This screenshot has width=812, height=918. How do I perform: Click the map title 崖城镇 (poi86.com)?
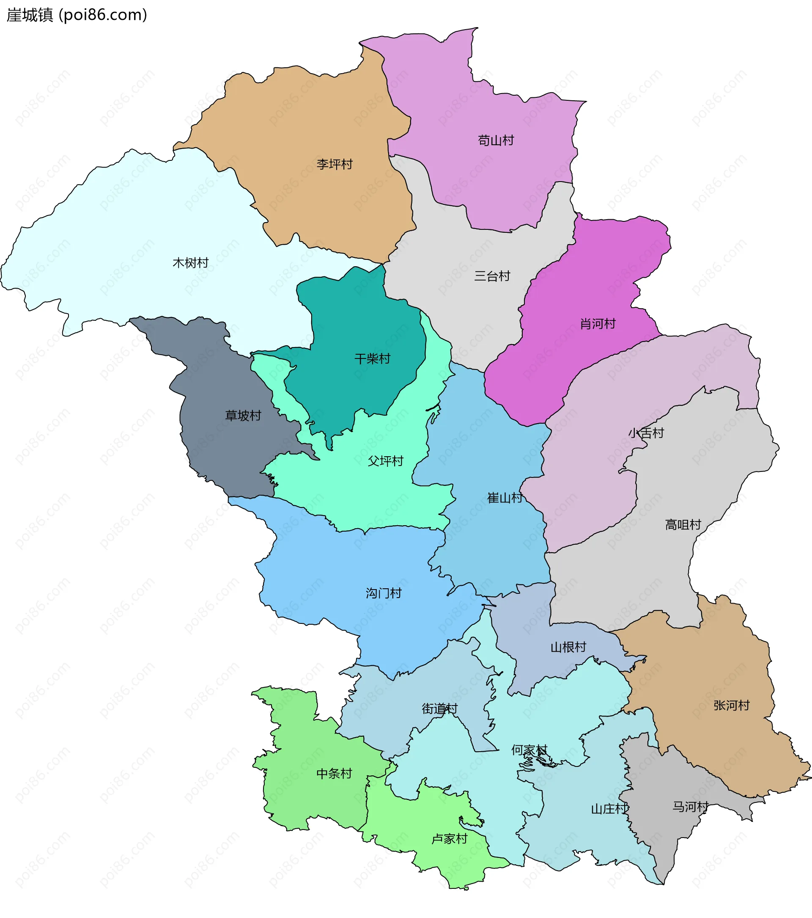77,15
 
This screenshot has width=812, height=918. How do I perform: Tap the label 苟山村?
496,141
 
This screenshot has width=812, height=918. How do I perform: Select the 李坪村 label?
335,164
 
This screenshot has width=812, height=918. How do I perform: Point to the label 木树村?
191,263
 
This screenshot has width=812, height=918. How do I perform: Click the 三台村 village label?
492,276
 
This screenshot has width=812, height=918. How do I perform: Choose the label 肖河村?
598,324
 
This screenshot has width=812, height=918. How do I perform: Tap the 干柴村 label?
372,359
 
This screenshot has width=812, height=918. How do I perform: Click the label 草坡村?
243,416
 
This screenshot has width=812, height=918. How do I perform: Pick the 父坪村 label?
385,461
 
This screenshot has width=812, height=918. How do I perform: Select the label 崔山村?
505,498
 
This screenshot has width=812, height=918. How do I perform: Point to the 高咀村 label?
683,524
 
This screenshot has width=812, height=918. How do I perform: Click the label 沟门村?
383,593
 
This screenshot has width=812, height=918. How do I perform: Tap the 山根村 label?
568,647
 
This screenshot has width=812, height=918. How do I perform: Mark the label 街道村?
439,709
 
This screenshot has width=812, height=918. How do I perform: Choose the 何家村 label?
529,750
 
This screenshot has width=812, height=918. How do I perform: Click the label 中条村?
334,773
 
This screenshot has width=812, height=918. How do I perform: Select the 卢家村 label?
449,839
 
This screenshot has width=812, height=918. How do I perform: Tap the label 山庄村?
609,809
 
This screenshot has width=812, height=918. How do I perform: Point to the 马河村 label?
690,807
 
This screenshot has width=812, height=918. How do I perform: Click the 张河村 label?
731,706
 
